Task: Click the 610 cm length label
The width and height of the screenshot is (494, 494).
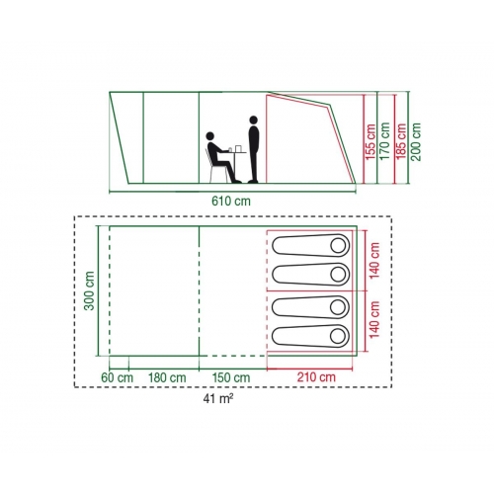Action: pos(231,201)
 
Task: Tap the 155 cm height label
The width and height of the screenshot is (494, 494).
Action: pos(371,142)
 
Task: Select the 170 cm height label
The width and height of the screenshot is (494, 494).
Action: pos(385,141)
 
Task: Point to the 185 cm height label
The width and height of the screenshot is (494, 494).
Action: pos(402,141)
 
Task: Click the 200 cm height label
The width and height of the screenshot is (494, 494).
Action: pos(416,141)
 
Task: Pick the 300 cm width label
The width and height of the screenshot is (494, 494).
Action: pos(89,290)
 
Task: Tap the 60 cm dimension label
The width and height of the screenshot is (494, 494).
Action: pos(117,377)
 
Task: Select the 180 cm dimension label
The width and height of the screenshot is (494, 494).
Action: pos(167,377)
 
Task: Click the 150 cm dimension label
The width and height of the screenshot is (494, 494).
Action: pos(231,377)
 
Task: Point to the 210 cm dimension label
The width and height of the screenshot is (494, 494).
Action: pos(316,377)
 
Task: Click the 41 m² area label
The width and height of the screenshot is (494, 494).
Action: pos(218,399)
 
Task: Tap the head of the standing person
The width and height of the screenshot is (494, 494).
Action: pos(253,120)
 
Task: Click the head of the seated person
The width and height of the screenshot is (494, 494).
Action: pos(210,136)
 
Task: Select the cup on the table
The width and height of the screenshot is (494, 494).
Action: pos(238,149)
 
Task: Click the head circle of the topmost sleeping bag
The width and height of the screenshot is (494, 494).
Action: pos(338,246)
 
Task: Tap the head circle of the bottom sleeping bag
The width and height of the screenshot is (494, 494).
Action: pos(338,336)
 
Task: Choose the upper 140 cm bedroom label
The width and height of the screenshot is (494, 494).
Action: pos(374,261)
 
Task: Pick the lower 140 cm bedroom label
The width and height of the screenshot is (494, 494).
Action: pos(374,320)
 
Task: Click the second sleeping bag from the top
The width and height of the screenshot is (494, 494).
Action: pos(310,275)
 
